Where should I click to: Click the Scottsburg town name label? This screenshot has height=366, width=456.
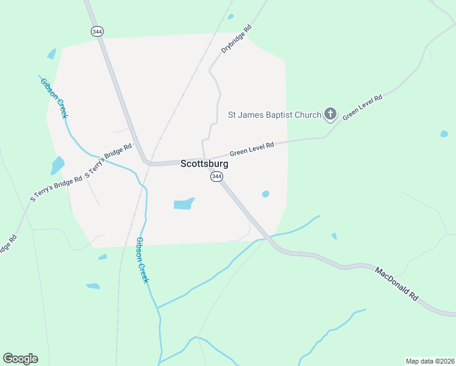tap(204, 164)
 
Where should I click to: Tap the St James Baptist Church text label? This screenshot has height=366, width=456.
tap(274, 114)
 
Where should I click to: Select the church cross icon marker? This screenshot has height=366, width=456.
tap(330, 113)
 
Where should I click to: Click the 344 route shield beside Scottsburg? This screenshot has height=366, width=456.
tap(216, 176)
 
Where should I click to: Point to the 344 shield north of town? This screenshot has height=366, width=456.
tap(96, 30)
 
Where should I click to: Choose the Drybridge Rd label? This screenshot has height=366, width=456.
tap(237, 39)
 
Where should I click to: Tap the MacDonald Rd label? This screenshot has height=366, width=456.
tap(396, 283)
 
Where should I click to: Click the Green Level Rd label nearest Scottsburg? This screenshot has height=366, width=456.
tap(252, 149)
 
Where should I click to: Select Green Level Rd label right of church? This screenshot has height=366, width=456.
tap(362, 107)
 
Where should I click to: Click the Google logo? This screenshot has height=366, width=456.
tap(20, 359)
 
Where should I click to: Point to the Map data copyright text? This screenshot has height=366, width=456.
tap(430, 361)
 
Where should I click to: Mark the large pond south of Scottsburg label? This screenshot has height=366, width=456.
tap(183, 203)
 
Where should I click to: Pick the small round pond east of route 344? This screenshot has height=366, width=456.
tap(265, 194)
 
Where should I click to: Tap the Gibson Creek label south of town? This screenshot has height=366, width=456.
tap(142, 260)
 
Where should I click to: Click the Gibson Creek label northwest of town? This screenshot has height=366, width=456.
tap(54, 98)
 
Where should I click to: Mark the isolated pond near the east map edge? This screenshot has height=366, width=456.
tap(444, 134)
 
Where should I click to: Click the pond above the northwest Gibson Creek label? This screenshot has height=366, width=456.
tap(52, 54)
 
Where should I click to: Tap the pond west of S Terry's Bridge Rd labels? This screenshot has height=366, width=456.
tap(58, 165)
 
